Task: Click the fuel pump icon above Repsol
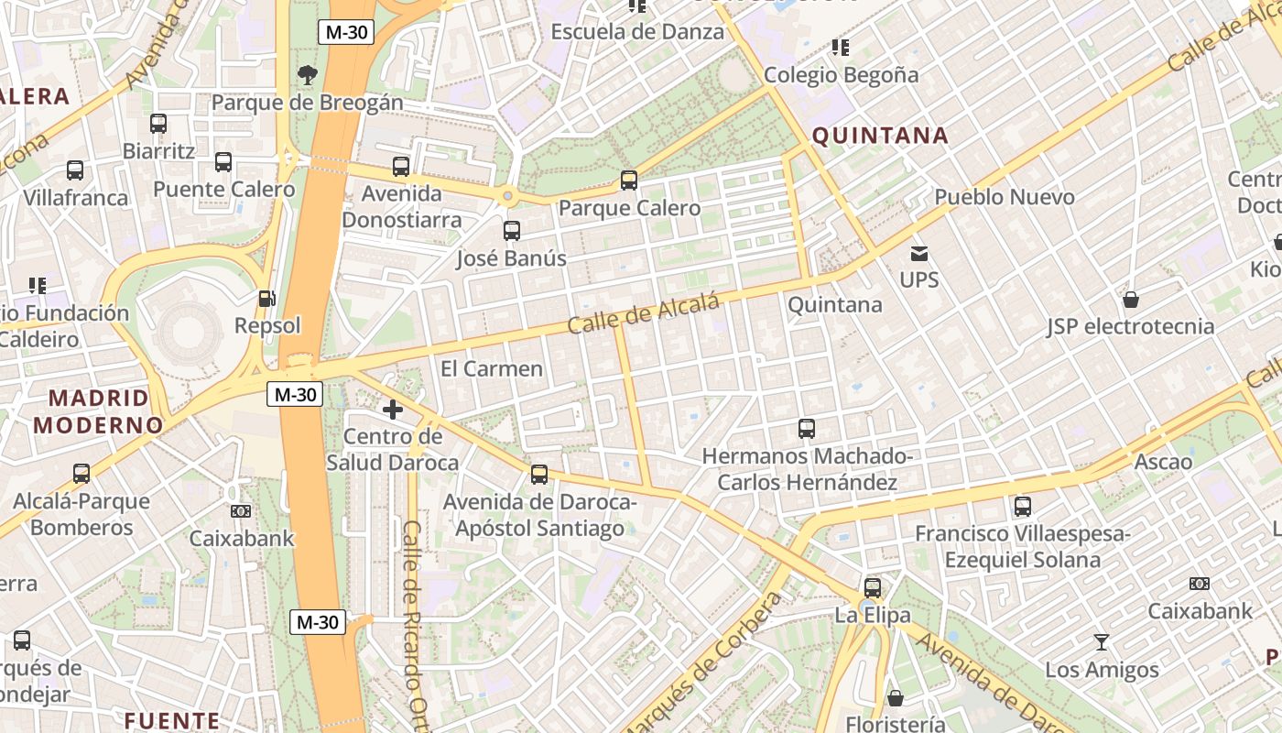266,298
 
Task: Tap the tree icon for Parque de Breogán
308,74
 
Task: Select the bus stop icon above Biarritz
158,123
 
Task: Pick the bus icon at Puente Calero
223,162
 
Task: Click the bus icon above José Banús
512,231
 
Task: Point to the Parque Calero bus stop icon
629,181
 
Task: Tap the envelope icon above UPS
919,253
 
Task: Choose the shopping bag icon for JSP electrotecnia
1131,299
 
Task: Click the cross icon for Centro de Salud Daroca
393,410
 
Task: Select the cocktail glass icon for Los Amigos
1102,642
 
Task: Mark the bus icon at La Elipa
873,587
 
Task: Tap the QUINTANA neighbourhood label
880,136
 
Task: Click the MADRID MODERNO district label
98,411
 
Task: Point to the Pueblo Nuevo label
1004,197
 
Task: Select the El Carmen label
492,368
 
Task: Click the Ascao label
1163,461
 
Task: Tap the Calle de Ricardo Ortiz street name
415,623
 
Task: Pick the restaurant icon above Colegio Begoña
840,47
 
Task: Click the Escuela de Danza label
636,31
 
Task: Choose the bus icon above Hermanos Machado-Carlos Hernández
807,428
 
